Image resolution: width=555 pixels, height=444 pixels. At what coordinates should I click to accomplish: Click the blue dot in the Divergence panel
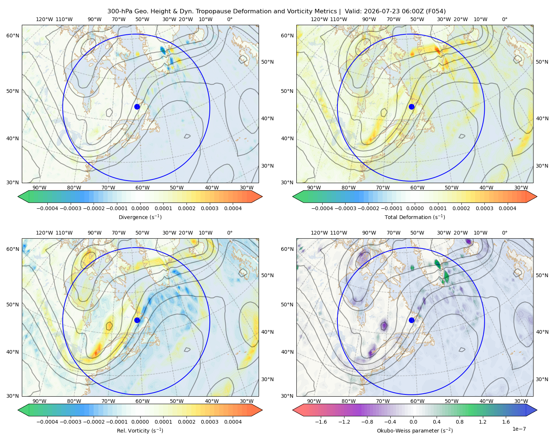(137, 107)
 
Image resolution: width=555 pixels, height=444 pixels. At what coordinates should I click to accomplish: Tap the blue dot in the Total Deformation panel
(411, 107)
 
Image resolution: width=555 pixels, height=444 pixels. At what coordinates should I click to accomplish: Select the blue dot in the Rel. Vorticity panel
(137, 320)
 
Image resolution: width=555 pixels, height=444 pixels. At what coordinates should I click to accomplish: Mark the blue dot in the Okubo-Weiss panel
(411, 320)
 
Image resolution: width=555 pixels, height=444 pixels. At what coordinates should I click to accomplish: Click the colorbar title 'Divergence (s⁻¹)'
(140, 217)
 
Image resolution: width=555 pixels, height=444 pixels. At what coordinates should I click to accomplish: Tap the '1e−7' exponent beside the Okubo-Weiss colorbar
(519, 429)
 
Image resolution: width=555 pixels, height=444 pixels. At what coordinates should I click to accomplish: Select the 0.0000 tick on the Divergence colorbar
(140, 208)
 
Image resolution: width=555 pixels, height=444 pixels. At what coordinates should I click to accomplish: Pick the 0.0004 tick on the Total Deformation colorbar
(507, 208)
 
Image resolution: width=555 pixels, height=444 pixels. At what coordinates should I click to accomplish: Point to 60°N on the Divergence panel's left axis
(13, 36)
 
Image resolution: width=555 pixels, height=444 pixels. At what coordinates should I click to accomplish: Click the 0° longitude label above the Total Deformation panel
(504, 19)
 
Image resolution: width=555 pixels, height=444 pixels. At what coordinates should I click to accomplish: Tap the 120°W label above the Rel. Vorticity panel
(44, 233)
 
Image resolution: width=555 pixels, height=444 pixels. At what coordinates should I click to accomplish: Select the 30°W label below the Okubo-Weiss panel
(521, 401)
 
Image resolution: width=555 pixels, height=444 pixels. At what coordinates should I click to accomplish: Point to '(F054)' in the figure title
(435, 11)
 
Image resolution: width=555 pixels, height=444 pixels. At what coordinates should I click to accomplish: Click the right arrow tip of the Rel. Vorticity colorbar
(262, 410)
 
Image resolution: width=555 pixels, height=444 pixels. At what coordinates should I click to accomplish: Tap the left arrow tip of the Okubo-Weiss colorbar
(293, 410)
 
